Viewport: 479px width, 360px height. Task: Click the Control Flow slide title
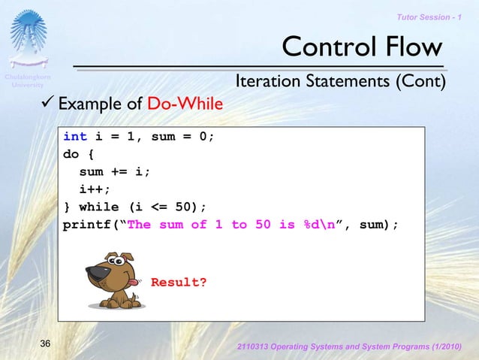(x=362, y=47)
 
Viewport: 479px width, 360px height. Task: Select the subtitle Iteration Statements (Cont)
(x=341, y=80)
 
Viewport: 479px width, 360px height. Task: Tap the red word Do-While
(x=185, y=104)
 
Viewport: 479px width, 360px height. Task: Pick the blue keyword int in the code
(x=74, y=137)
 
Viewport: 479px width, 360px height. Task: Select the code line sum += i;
(x=115, y=171)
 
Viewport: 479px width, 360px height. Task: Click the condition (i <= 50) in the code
(x=165, y=207)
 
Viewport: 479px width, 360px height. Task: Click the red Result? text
(x=179, y=283)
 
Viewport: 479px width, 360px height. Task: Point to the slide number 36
(x=45, y=343)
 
